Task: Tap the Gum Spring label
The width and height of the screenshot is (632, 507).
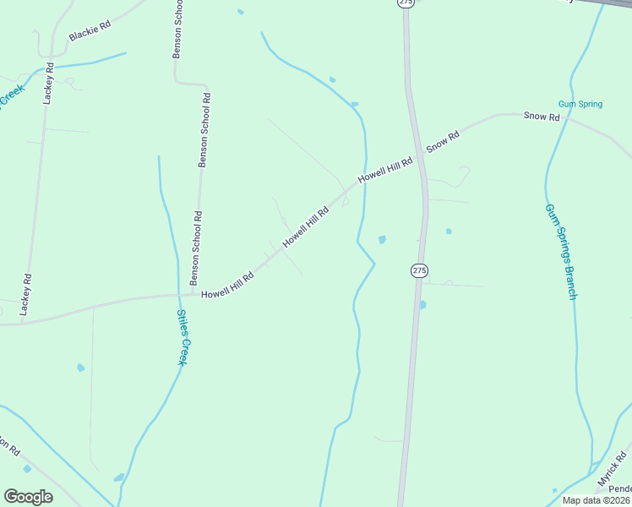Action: point(580,104)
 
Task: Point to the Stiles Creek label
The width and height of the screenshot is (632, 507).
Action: point(182,337)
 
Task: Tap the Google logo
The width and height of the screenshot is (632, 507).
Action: point(28,497)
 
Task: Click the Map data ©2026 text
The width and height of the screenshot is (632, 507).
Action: point(596,500)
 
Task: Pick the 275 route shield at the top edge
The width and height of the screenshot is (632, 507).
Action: point(406,3)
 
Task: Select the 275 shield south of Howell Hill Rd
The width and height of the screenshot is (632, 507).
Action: point(420,270)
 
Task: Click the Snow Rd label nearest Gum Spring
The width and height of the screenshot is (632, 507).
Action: point(542,116)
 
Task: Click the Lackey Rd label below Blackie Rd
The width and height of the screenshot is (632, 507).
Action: point(49,83)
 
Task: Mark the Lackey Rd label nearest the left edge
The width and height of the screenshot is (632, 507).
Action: point(26,293)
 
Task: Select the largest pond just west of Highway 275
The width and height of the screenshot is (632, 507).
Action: point(382,240)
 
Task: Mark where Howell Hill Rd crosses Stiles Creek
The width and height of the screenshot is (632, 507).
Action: point(178,295)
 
